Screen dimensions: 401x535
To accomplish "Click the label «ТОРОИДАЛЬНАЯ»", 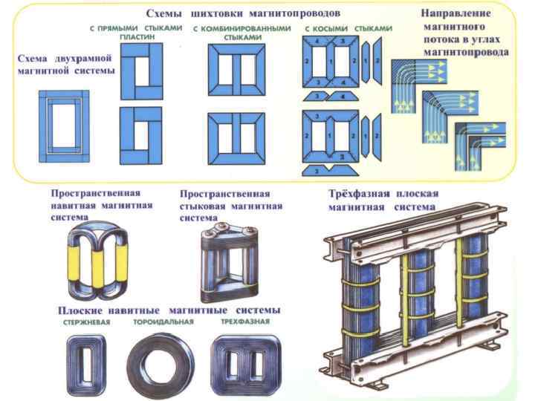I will tap(163, 322).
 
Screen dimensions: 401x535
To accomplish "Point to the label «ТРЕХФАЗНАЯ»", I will tap(244, 322).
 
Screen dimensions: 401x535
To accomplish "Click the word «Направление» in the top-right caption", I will tap(455, 13).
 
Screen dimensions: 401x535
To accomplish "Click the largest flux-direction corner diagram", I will tap(417, 75).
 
